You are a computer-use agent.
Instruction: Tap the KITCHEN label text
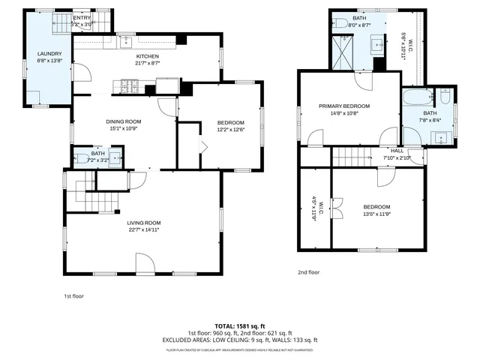[x=147, y=56]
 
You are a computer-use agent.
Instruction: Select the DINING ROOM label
[x=124, y=121]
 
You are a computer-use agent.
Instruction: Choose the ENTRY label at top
[x=81, y=17]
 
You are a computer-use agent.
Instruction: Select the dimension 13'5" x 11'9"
[x=376, y=214]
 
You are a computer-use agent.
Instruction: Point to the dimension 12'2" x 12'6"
[x=231, y=129]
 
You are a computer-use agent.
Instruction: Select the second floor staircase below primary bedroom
[x=352, y=157]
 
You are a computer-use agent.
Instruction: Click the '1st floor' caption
[x=73, y=296]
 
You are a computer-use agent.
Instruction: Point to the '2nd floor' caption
[x=308, y=272]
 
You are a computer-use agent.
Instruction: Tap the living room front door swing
[x=145, y=263]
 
